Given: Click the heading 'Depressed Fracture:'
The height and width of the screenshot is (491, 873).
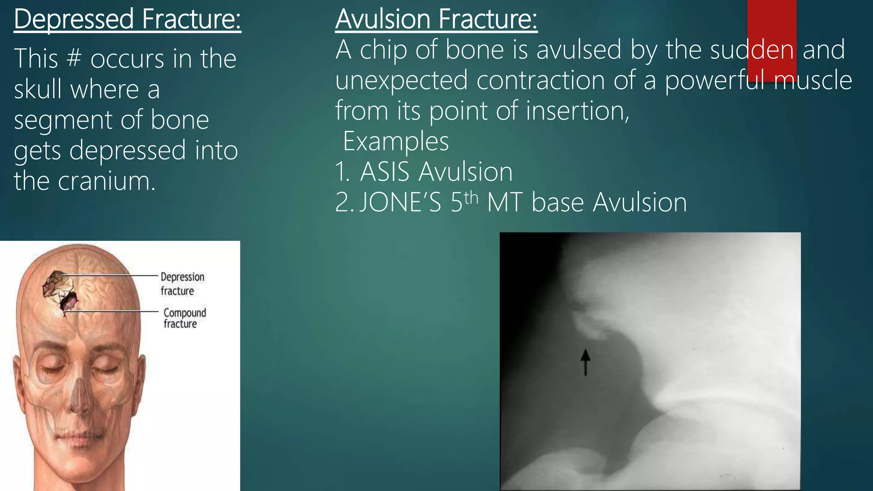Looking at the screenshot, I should pos(127,19).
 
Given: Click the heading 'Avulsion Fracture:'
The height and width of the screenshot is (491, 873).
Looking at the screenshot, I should pos(436,19).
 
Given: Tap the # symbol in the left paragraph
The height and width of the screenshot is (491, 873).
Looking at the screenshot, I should pos(74,58).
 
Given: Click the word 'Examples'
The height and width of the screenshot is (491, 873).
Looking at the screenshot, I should pos(396,142).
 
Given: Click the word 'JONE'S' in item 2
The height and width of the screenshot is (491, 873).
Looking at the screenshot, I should pos(400,202).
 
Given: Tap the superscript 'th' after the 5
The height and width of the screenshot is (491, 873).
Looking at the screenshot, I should pos(471,198).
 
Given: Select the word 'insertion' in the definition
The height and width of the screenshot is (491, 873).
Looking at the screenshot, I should pos(578,111).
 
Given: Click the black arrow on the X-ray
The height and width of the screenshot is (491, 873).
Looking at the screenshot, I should pos(585,362).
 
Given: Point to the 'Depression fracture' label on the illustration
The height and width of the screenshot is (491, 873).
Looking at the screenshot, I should pos(182,283).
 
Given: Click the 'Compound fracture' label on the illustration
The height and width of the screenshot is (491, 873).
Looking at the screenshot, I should pos(184,318).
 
